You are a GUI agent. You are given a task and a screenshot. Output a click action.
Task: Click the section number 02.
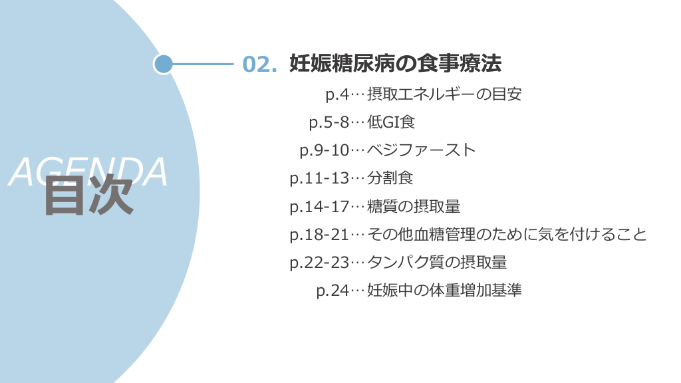pyautogui.click(x=259, y=64)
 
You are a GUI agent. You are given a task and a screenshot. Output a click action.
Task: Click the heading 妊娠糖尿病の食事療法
pyautogui.click(x=395, y=64)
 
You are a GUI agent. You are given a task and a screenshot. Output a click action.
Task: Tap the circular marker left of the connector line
pyautogui.click(x=163, y=64)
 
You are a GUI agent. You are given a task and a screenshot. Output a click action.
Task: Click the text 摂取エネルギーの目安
pyautogui.click(x=444, y=94)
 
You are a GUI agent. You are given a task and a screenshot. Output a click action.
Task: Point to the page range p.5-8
pyautogui.click(x=329, y=122)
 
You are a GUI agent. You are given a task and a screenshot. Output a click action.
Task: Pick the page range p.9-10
pyautogui.click(x=324, y=150)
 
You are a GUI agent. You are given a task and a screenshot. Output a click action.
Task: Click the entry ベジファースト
pyautogui.click(x=422, y=150)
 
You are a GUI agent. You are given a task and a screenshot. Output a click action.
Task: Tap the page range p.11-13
pyautogui.click(x=319, y=178)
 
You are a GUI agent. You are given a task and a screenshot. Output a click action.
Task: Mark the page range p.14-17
pyautogui.click(x=319, y=207)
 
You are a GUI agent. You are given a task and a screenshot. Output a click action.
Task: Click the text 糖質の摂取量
pyautogui.click(x=414, y=207)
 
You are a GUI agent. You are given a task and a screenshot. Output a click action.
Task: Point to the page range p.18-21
pyautogui.click(x=319, y=235)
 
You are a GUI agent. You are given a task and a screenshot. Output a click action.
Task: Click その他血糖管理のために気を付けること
pyautogui.click(x=507, y=235)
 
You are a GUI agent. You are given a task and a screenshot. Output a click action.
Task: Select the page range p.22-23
pyautogui.click(x=319, y=263)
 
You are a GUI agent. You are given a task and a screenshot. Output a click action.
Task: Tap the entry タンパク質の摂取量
pyautogui.click(x=437, y=263)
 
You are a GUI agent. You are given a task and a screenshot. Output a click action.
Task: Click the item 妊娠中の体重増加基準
pyautogui.click(x=444, y=291)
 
